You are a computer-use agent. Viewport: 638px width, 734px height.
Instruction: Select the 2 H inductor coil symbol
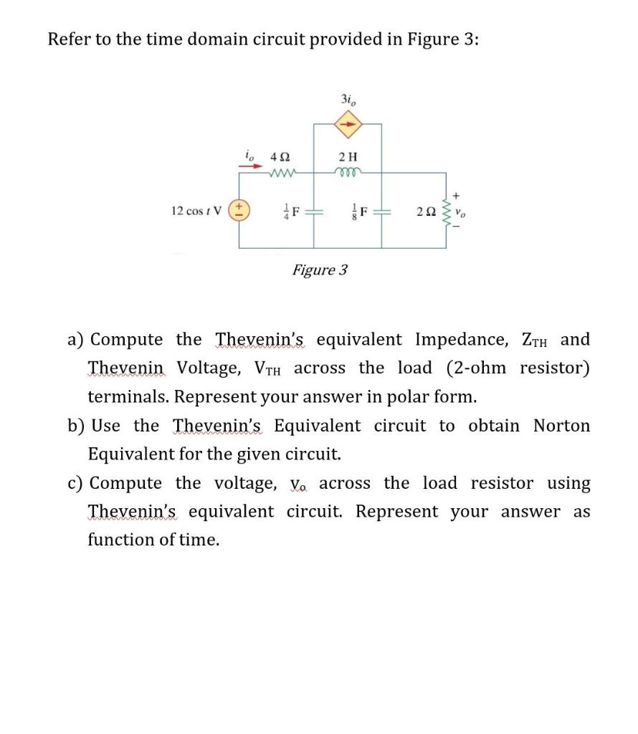point(348,172)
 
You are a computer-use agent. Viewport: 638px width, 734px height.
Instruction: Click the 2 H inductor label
point(348,156)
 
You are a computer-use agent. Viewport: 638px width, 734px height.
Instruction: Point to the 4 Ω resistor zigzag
point(280,172)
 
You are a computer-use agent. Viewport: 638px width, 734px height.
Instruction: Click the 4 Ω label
point(280,156)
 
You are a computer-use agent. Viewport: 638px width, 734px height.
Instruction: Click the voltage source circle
point(239,211)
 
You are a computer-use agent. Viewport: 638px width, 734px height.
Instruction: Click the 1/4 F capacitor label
point(290,211)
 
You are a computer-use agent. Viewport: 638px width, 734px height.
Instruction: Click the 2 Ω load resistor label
point(424,212)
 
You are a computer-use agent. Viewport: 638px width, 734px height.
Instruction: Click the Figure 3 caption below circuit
point(320,270)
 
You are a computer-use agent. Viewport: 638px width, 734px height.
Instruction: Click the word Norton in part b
point(561,426)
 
